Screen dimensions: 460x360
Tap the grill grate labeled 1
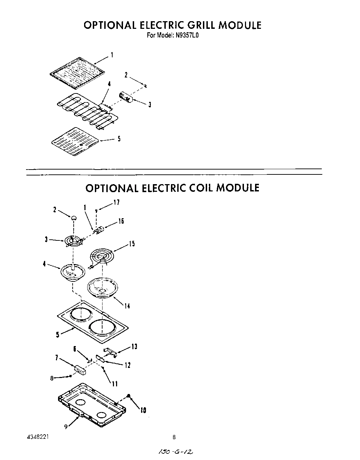(77, 73)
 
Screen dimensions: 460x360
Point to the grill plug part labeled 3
(125, 97)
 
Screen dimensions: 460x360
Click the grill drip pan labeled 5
(75, 141)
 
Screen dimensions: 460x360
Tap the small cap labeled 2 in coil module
(74, 218)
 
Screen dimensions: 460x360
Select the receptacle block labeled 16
(100, 229)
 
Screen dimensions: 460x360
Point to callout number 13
(134, 347)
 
